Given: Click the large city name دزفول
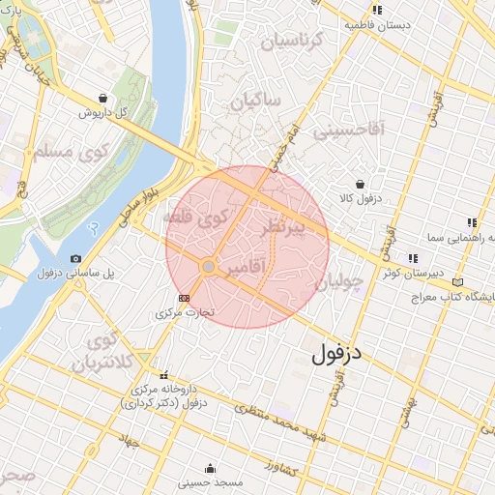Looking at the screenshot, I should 336,354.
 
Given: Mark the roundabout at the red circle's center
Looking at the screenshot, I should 208,266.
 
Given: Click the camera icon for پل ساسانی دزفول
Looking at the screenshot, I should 76,258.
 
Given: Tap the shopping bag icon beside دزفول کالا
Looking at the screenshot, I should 360,183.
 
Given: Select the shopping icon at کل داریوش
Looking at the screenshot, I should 103,98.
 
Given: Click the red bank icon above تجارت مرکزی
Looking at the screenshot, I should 185,297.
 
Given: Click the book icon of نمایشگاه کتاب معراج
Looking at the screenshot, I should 457,282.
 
